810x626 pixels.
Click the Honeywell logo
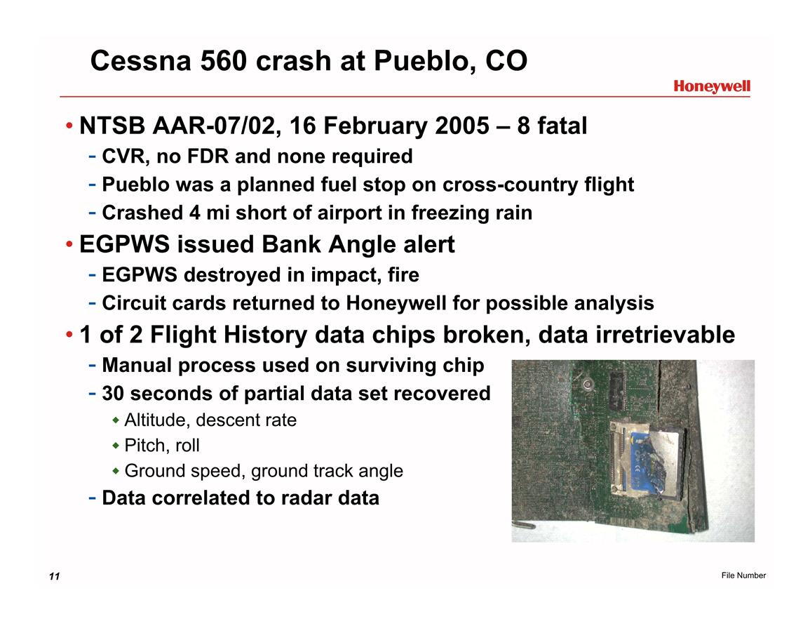(711, 87)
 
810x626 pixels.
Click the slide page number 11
(54, 576)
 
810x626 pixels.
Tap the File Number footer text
(743, 575)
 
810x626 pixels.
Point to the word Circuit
(135, 303)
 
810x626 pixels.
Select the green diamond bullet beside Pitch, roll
(116, 446)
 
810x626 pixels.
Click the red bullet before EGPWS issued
(69, 244)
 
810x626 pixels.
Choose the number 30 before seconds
(113, 394)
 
